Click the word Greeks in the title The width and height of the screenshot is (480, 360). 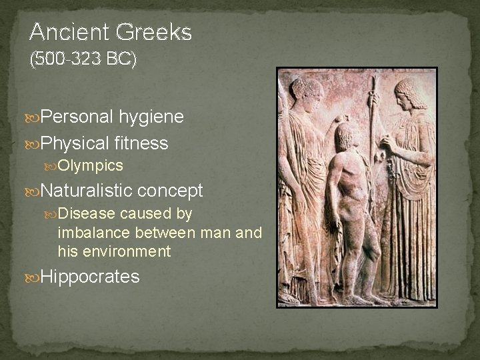pos(153,32)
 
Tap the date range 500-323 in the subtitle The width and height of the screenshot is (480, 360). pos(68,59)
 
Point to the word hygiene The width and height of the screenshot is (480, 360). pos(152,117)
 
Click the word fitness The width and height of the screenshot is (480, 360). pos(141,143)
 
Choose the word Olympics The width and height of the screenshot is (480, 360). pos(91,165)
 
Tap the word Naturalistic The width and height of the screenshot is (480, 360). pos(88,191)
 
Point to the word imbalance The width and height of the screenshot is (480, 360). pos(94,233)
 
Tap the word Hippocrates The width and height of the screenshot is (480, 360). pos(90,277)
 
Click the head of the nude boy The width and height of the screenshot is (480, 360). pos(343,136)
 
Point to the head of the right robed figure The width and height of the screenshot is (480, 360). pos(408,93)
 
